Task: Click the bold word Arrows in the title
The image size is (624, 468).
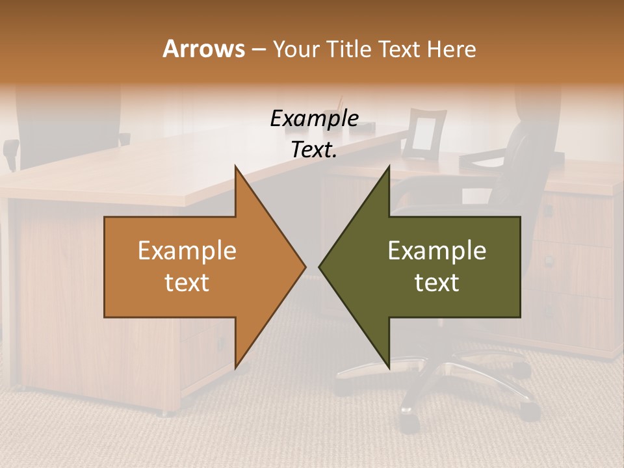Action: pyautogui.click(x=203, y=49)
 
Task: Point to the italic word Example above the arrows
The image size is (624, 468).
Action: pyautogui.click(x=314, y=119)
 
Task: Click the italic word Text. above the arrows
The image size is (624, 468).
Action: pyautogui.click(x=314, y=149)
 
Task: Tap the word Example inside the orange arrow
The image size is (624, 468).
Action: pyautogui.click(x=187, y=251)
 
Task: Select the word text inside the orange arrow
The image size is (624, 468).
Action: pyautogui.click(x=187, y=283)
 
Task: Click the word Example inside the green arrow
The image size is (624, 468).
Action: pyautogui.click(x=437, y=251)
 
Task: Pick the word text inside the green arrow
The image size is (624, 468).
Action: pyautogui.click(x=437, y=283)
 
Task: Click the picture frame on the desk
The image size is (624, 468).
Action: pyautogui.click(x=423, y=134)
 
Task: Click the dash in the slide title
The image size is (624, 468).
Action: pyautogui.click(x=258, y=49)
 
